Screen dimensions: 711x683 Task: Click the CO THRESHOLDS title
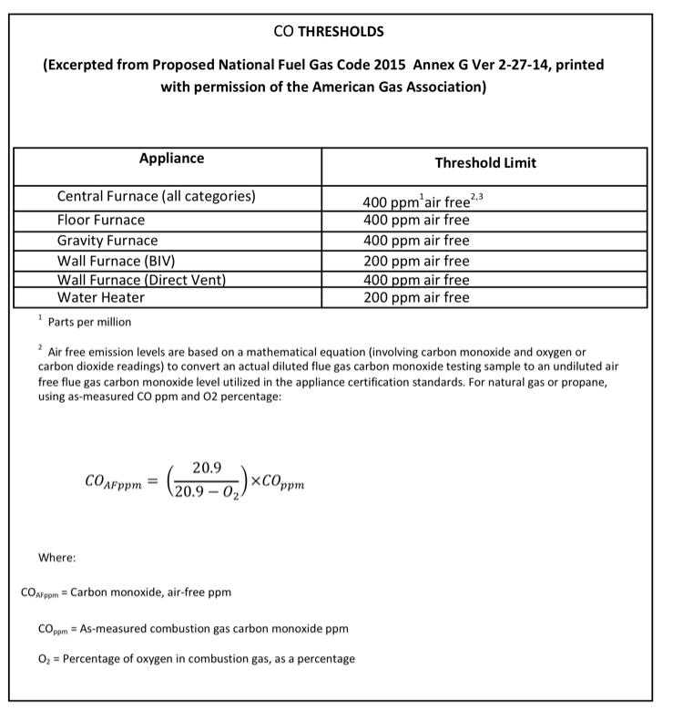(329, 32)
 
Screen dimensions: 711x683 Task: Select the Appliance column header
(171, 159)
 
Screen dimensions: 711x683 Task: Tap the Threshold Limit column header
(485, 163)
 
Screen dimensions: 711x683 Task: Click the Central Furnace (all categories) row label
(156, 197)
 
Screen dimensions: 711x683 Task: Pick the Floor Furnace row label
(101, 220)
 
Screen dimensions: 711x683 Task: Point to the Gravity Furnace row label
(107, 241)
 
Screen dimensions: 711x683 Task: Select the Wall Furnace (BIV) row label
(117, 261)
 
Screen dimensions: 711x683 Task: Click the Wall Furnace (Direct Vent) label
(141, 280)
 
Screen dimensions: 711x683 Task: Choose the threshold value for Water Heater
(416, 297)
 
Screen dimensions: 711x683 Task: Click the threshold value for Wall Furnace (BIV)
(416, 261)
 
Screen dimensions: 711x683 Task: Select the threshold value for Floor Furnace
(416, 220)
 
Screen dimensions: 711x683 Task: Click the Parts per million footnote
(95, 322)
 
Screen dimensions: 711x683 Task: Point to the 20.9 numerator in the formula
(208, 468)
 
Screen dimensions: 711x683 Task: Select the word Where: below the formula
(56, 557)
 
